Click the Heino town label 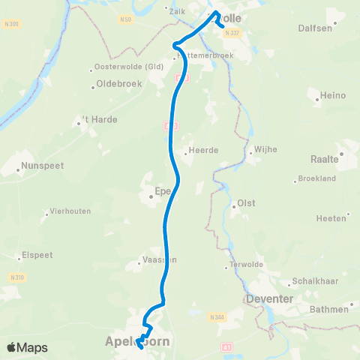coord(326,96)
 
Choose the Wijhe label coord(266,149)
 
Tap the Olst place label coord(246,203)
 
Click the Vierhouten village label coord(70,211)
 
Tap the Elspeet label coord(37,253)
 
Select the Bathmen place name coord(330,309)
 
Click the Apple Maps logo coord(26,347)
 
